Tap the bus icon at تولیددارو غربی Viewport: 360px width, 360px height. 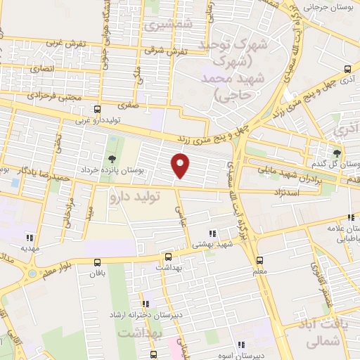click(98, 109)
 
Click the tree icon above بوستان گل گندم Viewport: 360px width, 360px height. click(337, 152)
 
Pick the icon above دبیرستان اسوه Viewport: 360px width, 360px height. click(241, 345)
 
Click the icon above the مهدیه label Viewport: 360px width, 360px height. click(29, 237)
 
